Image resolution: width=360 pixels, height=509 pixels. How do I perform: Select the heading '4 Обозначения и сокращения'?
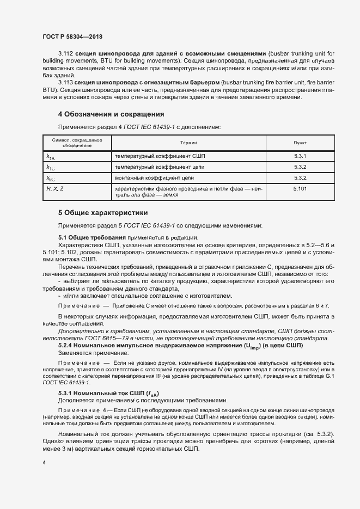click(111, 114)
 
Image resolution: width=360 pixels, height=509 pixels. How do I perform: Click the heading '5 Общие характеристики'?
click(103, 212)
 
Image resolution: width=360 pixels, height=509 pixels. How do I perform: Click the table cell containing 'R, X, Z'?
click(55, 188)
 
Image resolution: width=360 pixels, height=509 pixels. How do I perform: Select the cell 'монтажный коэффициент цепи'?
click(154, 178)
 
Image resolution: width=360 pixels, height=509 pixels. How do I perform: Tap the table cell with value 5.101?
click(300, 188)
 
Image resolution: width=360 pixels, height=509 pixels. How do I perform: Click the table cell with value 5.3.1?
click(300, 156)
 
